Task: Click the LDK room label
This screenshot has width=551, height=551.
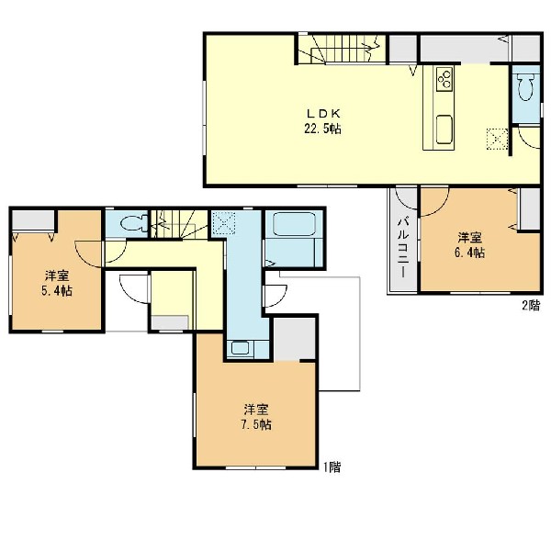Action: pyautogui.click(x=323, y=114)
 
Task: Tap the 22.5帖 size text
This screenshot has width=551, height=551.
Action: pyautogui.click(x=322, y=129)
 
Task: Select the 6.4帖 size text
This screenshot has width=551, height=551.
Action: pyautogui.click(x=469, y=253)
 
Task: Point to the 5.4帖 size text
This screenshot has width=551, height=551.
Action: pyautogui.click(x=57, y=290)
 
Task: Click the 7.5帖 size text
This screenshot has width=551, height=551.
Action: pyautogui.click(x=256, y=425)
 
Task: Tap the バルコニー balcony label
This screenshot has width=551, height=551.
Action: pyautogui.click(x=403, y=248)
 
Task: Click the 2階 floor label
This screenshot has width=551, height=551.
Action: pyautogui.click(x=531, y=306)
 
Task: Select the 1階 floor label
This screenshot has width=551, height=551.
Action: pyautogui.click(x=332, y=467)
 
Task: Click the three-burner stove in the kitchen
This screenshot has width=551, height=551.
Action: pyautogui.click(x=444, y=79)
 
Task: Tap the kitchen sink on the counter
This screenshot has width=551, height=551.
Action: pyautogui.click(x=444, y=129)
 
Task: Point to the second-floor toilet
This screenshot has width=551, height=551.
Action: pyautogui.click(x=525, y=87)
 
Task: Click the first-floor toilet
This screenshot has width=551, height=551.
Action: pyautogui.click(x=134, y=223)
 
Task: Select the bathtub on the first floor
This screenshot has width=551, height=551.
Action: pyautogui.click(x=294, y=224)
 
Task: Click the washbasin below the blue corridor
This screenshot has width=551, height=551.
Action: pyautogui.click(x=241, y=349)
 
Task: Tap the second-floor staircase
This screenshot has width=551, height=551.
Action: pyautogui.click(x=342, y=50)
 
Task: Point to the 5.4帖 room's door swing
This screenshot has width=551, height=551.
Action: pyautogui.click(x=88, y=253)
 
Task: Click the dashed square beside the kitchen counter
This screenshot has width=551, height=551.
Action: pyautogui.click(x=497, y=140)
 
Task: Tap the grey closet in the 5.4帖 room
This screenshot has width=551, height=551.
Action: pyautogui.click(x=33, y=220)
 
